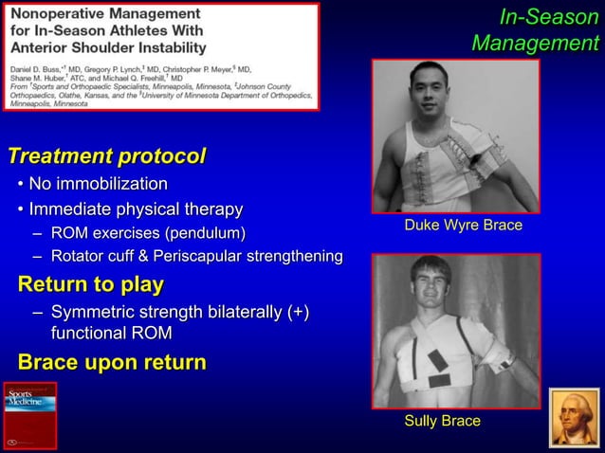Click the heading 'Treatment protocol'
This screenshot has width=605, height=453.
pyautogui.click(x=106, y=155)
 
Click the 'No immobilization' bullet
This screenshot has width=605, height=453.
pyautogui.click(x=98, y=183)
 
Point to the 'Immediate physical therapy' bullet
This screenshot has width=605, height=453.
pyautogui.click(x=136, y=208)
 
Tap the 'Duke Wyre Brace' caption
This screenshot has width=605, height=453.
pyautogui.click(x=463, y=226)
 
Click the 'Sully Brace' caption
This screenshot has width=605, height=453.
pyautogui.click(x=442, y=421)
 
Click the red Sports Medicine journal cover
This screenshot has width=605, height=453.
pyautogui.click(x=29, y=415)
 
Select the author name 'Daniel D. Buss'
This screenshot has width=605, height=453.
pyautogui.click(x=34, y=69)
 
